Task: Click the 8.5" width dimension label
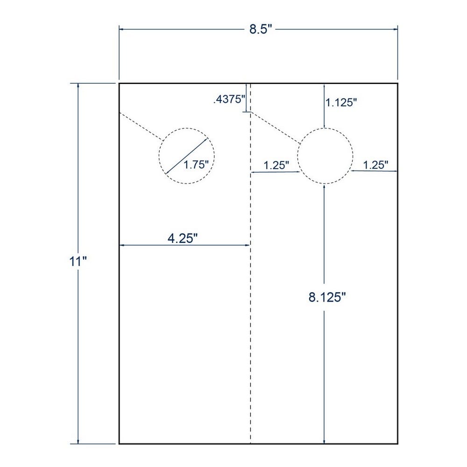pos(261,29)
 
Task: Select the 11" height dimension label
pos(78,262)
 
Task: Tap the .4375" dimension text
pos(229,99)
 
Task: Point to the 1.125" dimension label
pos(341,102)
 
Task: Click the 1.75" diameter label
pos(196,164)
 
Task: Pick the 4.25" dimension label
pos(183,238)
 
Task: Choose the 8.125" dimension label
pos(327,297)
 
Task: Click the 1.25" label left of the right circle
pos(276,165)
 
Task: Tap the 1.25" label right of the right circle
pos(375,165)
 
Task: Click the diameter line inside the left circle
pos(186,156)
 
